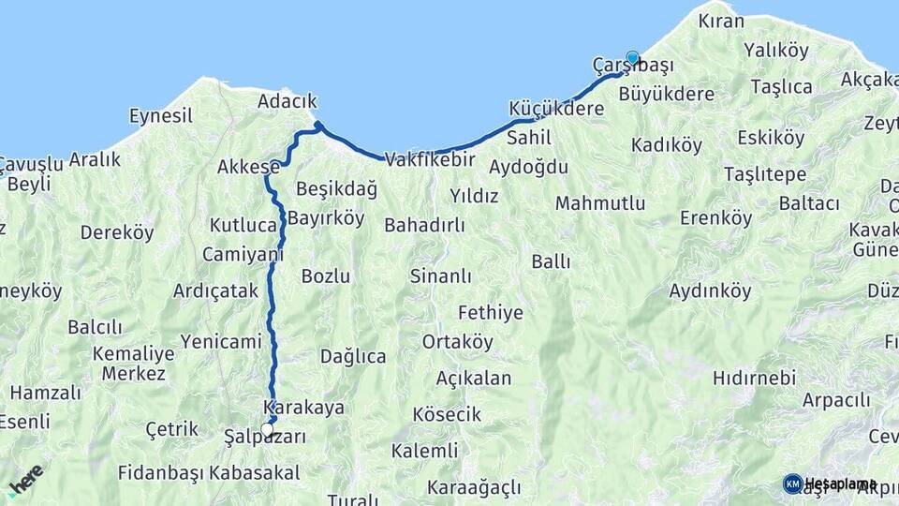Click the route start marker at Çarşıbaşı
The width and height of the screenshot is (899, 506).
[632, 57]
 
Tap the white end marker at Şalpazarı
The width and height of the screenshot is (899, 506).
[268, 429]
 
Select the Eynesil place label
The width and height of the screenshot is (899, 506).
[160, 116]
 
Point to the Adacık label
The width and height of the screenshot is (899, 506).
[287, 101]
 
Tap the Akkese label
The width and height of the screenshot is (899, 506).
[248, 167]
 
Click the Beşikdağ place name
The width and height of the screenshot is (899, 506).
[336, 189]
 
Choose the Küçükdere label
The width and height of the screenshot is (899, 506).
[556, 108]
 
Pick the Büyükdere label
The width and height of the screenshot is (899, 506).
[667, 94]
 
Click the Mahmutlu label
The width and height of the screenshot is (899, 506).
[600, 203]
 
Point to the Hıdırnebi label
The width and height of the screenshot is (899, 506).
[754, 378]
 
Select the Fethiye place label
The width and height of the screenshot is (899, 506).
[490, 312]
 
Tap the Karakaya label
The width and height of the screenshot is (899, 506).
[304, 408]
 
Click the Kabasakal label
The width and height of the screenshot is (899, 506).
[255, 472]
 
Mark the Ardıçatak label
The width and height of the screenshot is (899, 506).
[215, 290]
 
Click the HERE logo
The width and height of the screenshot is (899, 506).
[25, 479]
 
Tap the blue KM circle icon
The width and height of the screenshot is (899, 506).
[792, 484]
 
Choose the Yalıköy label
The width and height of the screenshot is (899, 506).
[776, 49]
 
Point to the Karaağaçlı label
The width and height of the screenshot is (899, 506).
[473, 487]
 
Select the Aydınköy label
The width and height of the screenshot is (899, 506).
[710, 290]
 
